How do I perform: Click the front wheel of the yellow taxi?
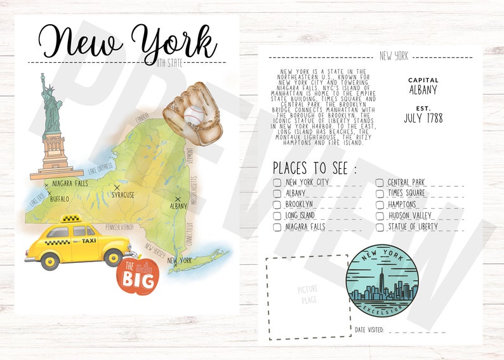click(113, 258)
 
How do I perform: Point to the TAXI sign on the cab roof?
click(70, 219)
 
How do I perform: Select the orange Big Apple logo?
click(135, 277)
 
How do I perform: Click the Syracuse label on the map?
click(123, 194)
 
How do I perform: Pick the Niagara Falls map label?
click(70, 183)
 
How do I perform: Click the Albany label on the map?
click(178, 206)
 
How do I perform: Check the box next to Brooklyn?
click(277, 204)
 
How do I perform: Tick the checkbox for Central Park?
click(380, 183)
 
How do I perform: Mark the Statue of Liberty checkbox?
click(380, 226)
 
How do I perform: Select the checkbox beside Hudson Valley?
click(380, 215)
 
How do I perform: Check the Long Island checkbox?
click(277, 215)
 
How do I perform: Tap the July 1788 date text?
click(423, 118)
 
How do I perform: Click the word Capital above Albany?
click(423, 80)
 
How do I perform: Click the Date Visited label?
click(369, 330)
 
